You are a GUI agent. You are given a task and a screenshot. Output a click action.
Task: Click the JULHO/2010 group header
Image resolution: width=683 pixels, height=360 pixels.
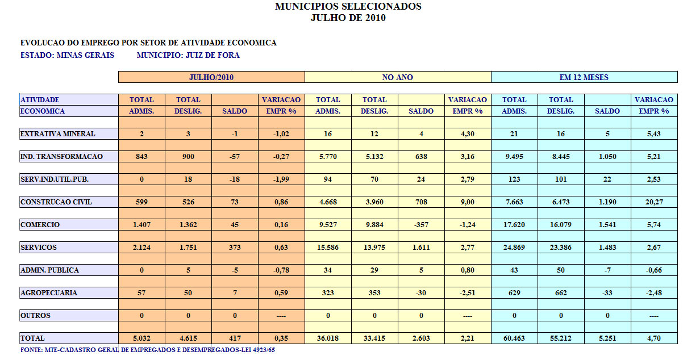[x=211, y=77]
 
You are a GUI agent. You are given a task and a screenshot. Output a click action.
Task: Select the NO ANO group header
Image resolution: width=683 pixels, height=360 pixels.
[x=397, y=77]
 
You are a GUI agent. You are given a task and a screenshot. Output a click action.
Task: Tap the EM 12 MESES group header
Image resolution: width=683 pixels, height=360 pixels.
[x=584, y=77]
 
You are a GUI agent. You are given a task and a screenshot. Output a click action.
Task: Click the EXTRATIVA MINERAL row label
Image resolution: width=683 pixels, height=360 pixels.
[x=57, y=134]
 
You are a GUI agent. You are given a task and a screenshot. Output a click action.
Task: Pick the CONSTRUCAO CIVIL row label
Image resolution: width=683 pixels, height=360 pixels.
[x=56, y=202]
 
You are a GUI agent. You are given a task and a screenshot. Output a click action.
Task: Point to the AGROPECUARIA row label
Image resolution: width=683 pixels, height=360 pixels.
[x=48, y=293]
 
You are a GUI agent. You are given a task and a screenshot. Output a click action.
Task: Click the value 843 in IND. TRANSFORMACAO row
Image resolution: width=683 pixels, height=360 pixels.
[x=141, y=157]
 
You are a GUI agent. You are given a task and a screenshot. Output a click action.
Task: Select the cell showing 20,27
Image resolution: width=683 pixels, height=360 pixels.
[x=654, y=202]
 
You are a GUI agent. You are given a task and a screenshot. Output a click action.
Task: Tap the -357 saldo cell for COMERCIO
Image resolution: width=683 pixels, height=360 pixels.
[x=421, y=225]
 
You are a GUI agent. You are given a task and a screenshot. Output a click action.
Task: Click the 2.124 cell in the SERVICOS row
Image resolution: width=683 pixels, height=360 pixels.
[x=141, y=248]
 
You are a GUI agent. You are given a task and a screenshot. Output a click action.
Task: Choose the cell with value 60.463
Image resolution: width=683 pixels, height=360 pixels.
[x=514, y=338]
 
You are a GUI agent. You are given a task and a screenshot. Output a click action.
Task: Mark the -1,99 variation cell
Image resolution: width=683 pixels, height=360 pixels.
[x=281, y=179]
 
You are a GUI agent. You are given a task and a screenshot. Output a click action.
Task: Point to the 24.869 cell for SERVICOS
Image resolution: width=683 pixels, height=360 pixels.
[x=514, y=248]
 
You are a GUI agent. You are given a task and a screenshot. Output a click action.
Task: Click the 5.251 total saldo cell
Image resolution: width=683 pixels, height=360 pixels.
[x=607, y=338]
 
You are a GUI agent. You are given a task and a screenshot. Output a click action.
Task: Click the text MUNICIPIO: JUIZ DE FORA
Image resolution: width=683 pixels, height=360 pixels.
[x=188, y=56]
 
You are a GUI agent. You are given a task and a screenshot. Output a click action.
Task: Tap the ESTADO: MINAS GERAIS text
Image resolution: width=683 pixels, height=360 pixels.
[x=67, y=56]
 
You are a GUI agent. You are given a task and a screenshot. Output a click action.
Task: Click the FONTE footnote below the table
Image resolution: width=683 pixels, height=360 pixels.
[x=148, y=350]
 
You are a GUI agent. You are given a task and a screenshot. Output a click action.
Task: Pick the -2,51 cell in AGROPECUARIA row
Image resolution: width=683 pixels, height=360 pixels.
[x=468, y=293]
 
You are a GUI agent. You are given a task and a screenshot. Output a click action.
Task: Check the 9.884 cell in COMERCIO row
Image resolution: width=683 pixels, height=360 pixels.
[x=374, y=225]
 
